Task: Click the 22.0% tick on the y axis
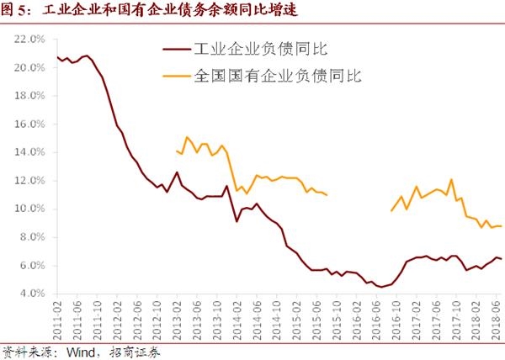29,39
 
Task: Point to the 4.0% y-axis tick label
31,294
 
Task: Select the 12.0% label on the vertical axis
29,180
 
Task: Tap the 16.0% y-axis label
29,124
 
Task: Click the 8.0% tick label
31,237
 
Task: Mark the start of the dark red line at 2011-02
57,56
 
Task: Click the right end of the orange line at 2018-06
502,226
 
